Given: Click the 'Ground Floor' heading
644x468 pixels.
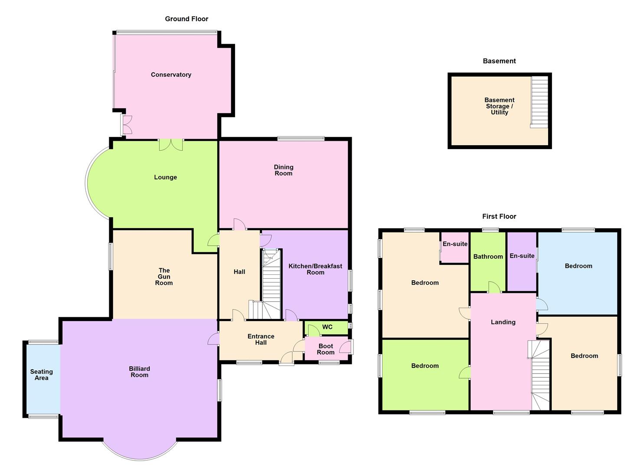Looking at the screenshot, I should [x=186, y=19].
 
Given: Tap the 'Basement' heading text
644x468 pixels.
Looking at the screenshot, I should [x=499, y=61].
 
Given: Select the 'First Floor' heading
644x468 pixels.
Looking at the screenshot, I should [x=499, y=216].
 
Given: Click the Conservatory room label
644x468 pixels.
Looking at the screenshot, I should [x=171, y=75].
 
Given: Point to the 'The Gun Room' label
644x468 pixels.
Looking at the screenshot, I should [x=164, y=276].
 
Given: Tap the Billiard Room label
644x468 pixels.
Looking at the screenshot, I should [x=139, y=372].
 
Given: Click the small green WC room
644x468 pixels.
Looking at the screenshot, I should [x=327, y=327].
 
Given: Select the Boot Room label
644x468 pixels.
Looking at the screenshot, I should [x=326, y=349].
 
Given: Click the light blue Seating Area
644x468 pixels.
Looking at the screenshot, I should [x=42, y=375].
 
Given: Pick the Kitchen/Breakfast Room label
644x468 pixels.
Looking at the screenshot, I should [x=315, y=269].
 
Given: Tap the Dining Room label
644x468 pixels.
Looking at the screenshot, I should [x=283, y=170].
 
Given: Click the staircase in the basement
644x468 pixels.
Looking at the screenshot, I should [x=539, y=102].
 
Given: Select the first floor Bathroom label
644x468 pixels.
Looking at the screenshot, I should [x=488, y=257].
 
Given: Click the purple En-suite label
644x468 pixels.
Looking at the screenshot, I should [x=522, y=256].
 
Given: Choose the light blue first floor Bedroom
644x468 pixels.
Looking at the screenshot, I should [x=578, y=266].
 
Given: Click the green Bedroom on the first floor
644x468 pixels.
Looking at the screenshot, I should [x=425, y=366].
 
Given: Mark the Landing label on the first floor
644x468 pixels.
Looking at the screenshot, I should [x=503, y=322].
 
